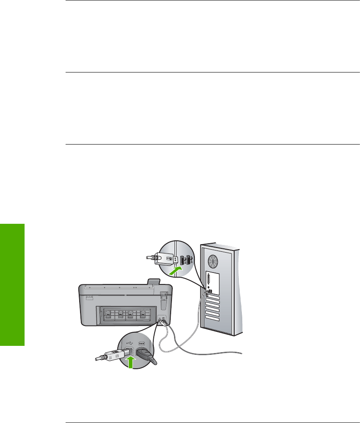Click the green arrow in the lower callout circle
tap(132, 362)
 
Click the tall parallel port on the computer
tap(208, 280)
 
